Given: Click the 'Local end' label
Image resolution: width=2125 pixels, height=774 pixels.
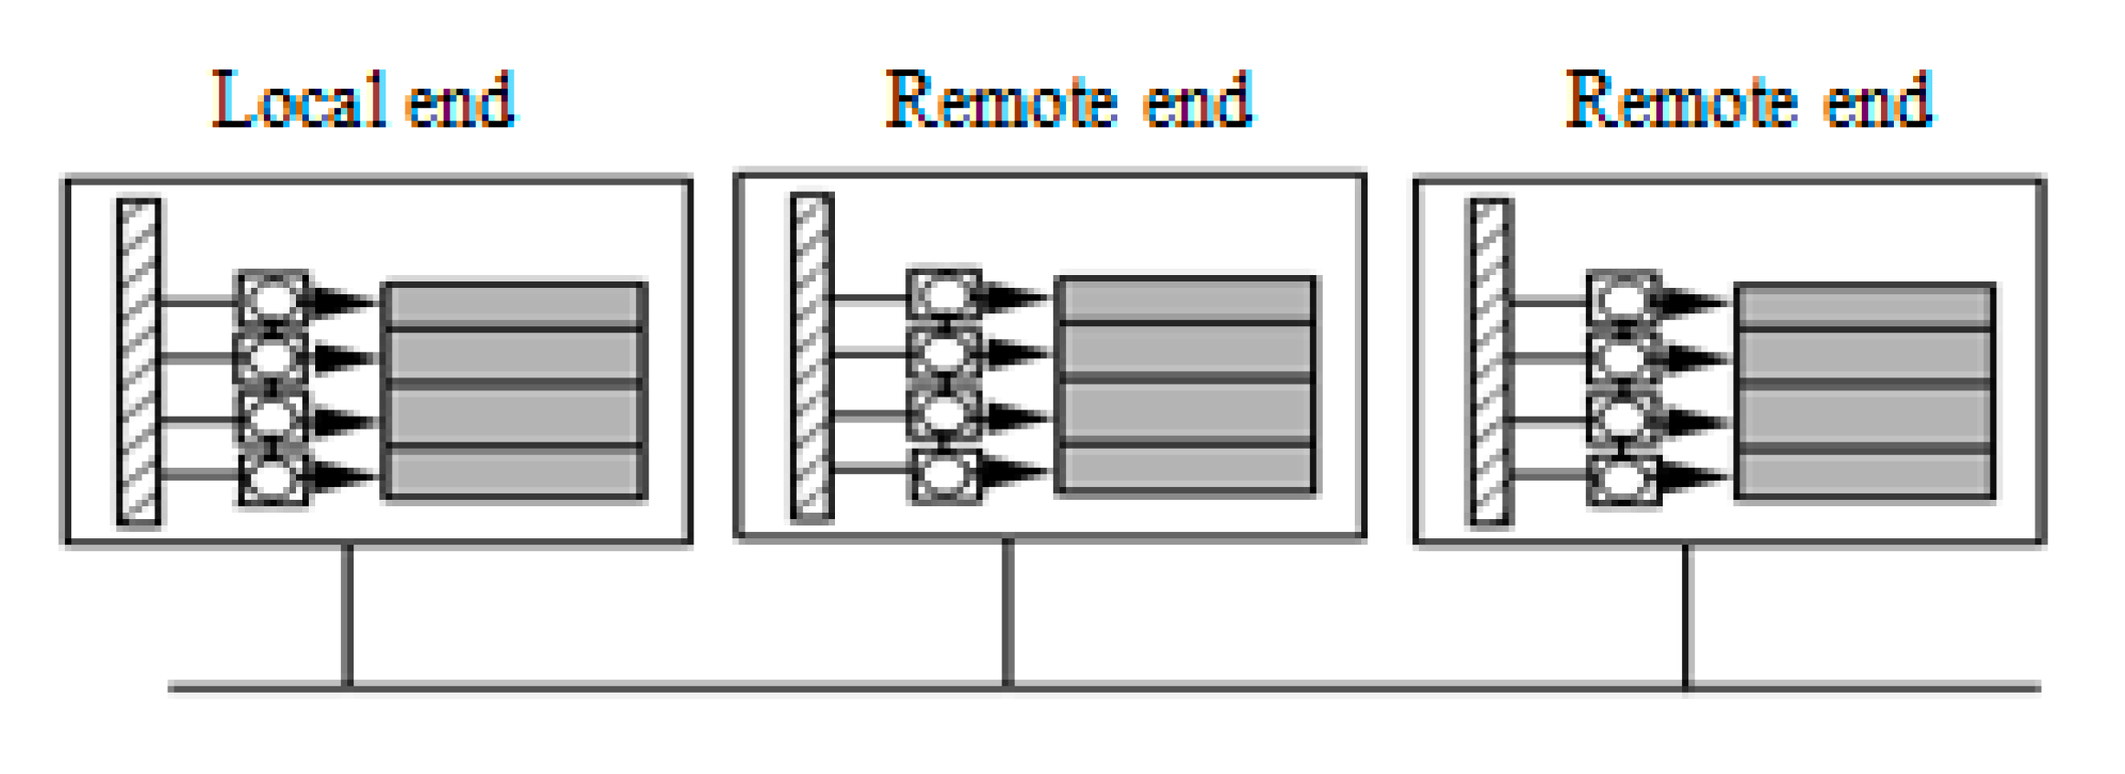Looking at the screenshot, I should (363, 101).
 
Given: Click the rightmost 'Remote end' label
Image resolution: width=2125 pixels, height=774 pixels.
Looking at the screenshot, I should (1748, 101).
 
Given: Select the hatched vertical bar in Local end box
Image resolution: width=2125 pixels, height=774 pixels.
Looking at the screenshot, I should (139, 362).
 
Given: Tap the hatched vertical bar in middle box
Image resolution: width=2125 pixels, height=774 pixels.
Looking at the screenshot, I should (812, 357).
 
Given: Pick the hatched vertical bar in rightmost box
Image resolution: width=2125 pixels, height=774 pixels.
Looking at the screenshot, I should (1490, 362).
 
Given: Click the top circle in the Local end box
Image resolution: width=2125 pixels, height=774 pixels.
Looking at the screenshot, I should (272, 300).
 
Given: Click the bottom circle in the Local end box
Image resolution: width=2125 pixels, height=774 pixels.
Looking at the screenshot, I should (272, 478).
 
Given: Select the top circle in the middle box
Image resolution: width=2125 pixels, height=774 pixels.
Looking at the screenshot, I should (944, 295).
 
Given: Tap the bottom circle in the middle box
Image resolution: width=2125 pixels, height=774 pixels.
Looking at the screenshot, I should (945, 474).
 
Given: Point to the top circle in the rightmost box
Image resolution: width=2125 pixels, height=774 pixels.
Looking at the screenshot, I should (1623, 300).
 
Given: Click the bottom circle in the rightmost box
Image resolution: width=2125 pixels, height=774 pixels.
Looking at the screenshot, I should (1623, 478).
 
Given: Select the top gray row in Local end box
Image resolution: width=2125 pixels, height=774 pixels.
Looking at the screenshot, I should (514, 305).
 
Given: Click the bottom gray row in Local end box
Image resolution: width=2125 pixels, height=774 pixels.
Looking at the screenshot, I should (514, 473).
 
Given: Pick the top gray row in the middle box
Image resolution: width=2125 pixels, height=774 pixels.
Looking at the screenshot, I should (1186, 300).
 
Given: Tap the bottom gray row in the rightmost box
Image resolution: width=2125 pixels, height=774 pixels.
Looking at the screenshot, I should (1864, 474).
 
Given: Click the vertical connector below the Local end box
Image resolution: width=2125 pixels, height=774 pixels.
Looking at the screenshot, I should (347, 614).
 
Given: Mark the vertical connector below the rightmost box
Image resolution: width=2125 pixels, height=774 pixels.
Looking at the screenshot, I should (1686, 614).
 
